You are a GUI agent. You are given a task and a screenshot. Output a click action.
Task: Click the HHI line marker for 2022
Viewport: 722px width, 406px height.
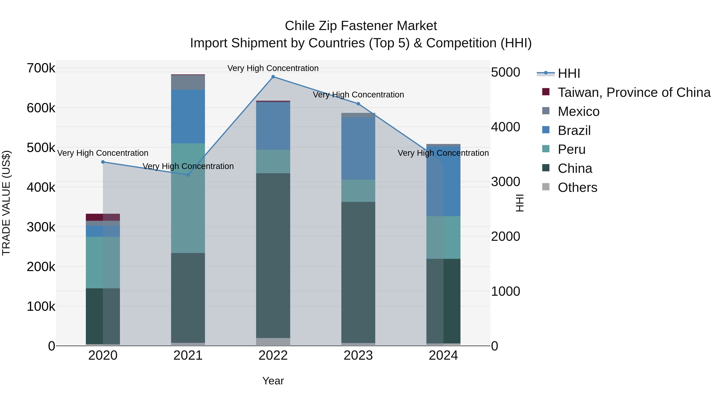(273, 77)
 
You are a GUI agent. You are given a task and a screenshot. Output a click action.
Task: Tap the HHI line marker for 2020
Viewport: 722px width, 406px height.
(103, 162)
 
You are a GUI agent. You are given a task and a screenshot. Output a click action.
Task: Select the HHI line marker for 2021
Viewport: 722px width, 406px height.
(188, 175)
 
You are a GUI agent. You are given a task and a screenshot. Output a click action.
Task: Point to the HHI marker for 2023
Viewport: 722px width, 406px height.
(358, 104)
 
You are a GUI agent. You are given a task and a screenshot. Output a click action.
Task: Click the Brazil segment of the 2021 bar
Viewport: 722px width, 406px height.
(188, 116)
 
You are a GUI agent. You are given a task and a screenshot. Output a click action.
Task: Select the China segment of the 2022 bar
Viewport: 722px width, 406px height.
(273, 255)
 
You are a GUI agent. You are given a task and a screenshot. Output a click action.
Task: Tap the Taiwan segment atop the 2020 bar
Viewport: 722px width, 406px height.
(103, 217)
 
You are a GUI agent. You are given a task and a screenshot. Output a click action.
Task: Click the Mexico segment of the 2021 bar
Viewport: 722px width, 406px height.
(188, 82)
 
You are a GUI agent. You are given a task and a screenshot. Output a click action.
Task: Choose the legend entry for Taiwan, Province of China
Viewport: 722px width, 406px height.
(634, 92)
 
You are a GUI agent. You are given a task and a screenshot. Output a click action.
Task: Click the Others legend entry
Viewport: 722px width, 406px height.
(577, 187)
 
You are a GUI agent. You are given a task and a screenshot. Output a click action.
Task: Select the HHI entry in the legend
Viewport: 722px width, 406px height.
(569, 73)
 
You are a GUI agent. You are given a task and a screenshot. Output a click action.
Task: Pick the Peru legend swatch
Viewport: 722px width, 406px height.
(546, 149)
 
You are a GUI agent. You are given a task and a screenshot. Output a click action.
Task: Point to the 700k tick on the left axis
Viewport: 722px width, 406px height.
(41, 68)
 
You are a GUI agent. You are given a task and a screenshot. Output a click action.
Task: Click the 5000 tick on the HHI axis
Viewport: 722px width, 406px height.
(505, 72)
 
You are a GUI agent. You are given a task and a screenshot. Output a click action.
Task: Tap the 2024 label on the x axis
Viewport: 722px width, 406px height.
(443, 355)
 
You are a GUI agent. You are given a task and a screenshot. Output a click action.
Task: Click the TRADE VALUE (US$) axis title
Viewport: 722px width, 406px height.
(6, 203)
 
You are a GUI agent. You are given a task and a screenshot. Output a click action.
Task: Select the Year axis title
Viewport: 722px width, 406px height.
(273, 381)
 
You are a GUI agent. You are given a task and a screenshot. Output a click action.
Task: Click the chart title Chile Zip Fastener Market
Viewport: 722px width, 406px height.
(361, 26)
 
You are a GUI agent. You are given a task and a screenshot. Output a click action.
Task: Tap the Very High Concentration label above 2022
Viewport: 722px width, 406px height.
(273, 68)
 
